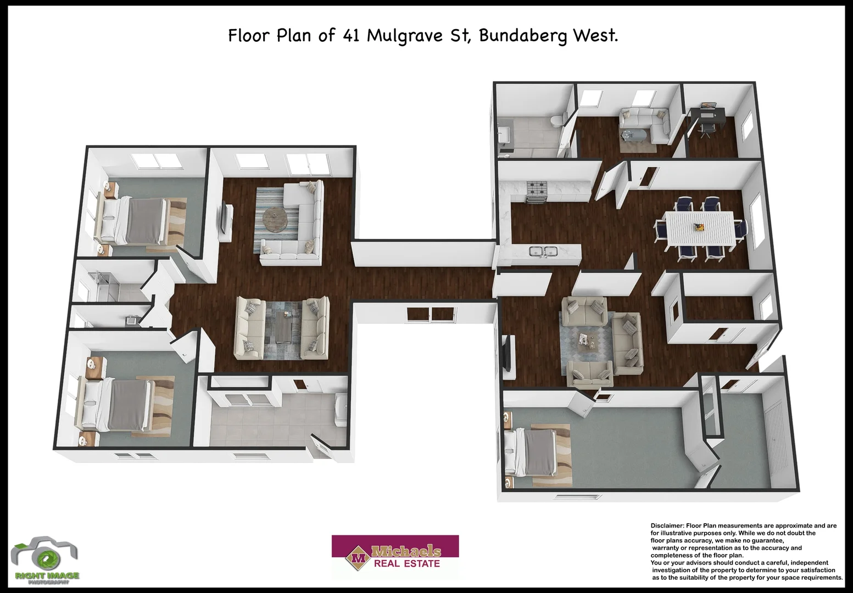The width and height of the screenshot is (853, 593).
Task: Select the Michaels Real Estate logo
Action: [395, 556]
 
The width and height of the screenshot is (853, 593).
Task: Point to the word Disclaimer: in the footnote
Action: [667, 525]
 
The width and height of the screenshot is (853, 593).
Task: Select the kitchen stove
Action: [537, 192]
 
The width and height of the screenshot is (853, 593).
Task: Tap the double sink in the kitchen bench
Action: [543, 251]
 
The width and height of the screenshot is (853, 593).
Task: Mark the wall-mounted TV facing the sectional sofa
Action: [225, 222]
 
